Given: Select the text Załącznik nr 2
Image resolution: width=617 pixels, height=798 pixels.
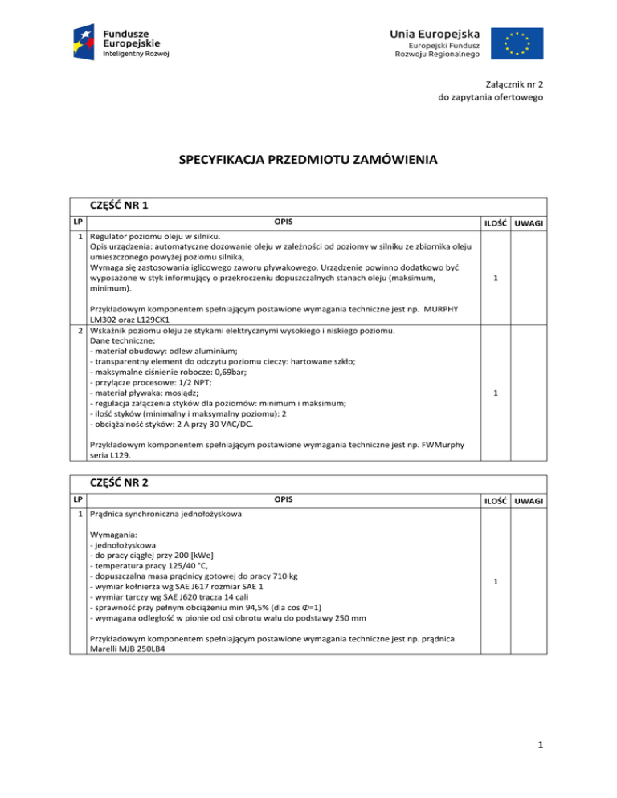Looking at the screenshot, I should pos(516,83).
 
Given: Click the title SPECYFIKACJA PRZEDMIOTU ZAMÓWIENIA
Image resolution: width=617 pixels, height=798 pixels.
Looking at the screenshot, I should pos(308,160).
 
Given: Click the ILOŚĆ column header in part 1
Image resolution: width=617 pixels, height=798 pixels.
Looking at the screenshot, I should pos(494,223).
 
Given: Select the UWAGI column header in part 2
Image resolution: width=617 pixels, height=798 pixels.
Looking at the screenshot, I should pos(528,501).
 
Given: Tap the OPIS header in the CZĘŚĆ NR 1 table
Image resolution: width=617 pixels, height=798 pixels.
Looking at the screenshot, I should pos(282,222).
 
